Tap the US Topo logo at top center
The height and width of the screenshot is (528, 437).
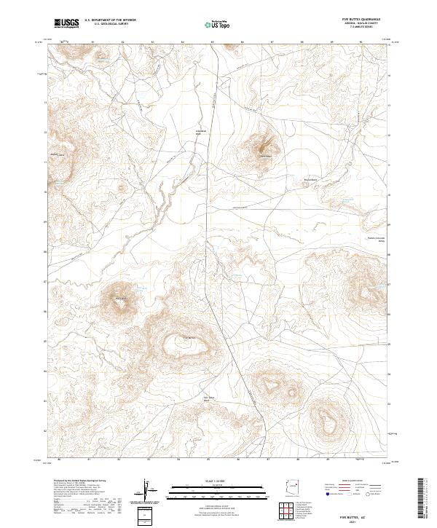[x=210, y=24]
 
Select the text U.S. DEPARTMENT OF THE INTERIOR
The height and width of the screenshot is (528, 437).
[x=110, y=20]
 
